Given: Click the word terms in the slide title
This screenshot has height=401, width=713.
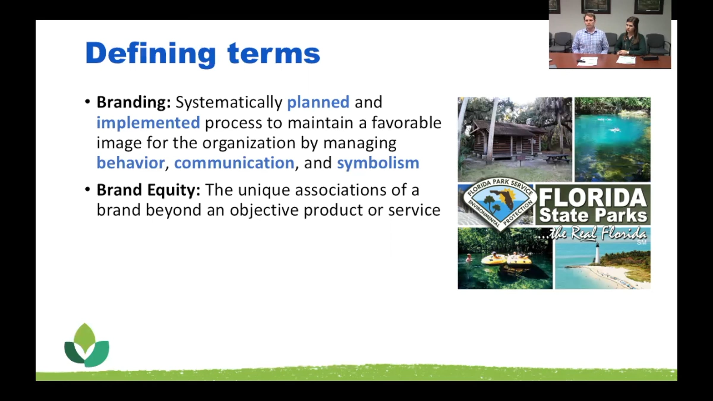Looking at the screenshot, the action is [x=274, y=53].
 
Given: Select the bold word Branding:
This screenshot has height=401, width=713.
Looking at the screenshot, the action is [x=134, y=103].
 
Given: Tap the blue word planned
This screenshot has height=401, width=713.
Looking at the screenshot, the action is [x=318, y=103].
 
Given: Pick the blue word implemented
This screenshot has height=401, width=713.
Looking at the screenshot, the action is [x=148, y=123].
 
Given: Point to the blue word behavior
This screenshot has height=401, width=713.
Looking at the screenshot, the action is [x=130, y=163].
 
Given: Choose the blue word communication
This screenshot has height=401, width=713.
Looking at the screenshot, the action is [x=234, y=163].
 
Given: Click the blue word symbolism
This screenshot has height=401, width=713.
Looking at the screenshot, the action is [x=378, y=163].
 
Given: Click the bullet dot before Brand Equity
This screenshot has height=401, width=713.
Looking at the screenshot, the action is [x=87, y=189].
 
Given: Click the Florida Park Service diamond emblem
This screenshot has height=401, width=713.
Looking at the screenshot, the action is [x=500, y=204].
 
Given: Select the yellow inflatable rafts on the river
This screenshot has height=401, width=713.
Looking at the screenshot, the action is [x=506, y=260].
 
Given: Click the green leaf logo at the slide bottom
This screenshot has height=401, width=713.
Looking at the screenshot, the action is [x=86, y=345].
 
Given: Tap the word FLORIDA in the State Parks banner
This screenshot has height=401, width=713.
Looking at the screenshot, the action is [x=593, y=198].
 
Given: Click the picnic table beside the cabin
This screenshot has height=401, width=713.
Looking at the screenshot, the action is [x=556, y=159].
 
